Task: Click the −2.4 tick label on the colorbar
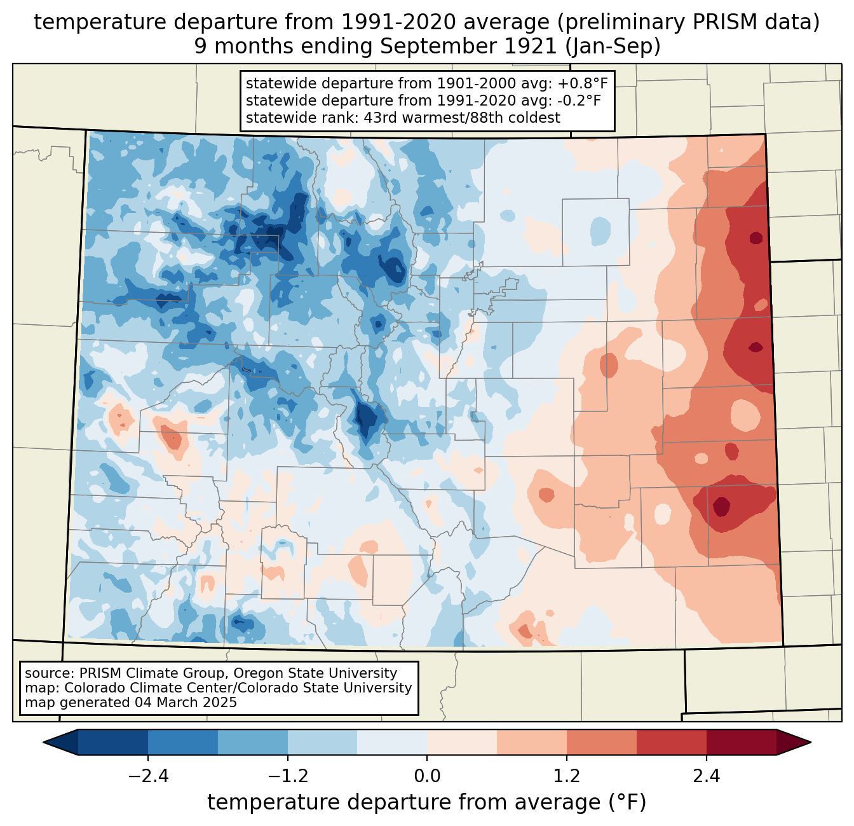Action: [x=148, y=776]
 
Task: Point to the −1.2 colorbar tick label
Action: [x=287, y=776]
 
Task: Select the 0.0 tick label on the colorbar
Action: [x=427, y=776]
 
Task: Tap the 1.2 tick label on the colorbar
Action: [x=567, y=776]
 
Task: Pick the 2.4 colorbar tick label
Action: [x=707, y=776]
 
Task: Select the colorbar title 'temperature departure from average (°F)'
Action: [x=427, y=802]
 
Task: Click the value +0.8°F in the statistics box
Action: [x=583, y=84]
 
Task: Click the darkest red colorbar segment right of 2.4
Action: [x=742, y=742]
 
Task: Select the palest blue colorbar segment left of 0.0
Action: [x=392, y=742]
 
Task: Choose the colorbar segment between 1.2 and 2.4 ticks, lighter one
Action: [x=602, y=742]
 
